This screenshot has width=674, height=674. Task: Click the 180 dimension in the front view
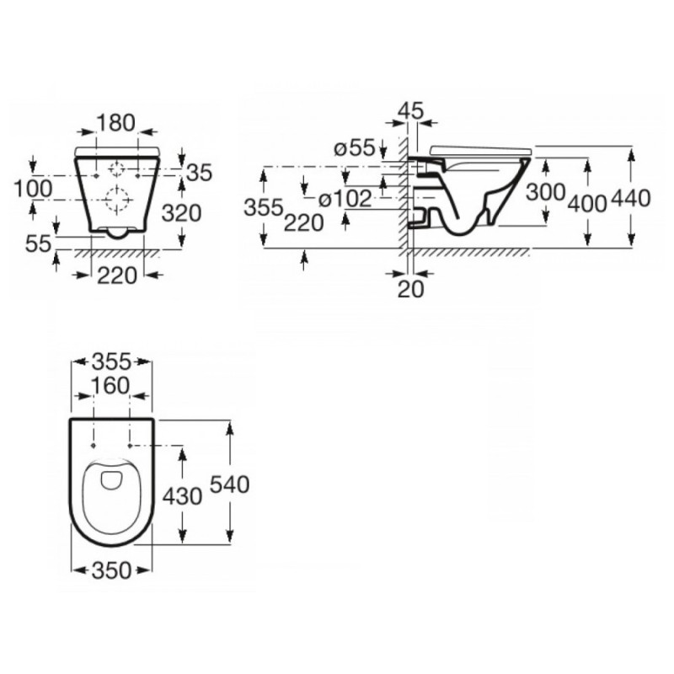116,123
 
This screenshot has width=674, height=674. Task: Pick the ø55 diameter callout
354,148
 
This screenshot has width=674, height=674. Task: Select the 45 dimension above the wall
410,110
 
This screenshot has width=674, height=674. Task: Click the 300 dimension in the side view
545,192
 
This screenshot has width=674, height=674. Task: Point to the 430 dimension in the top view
181,497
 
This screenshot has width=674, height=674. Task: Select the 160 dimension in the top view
110,386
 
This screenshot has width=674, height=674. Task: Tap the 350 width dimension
110,570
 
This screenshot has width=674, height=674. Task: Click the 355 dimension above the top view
110,362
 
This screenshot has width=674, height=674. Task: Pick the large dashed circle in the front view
116,200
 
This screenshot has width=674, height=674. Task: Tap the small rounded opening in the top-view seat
110,480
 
